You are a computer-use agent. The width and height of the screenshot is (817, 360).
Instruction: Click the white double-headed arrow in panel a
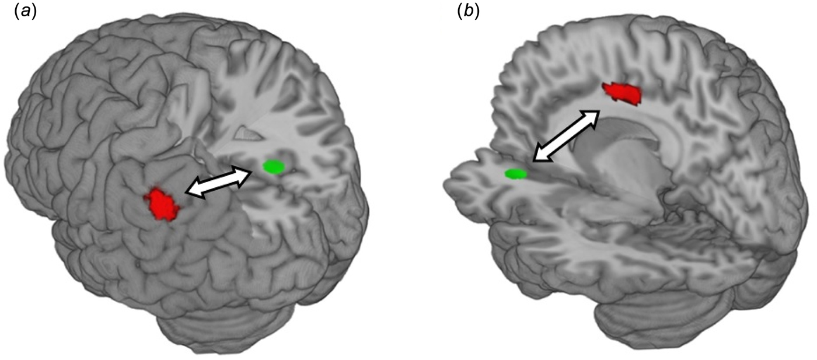pyautogui.click(x=217, y=181)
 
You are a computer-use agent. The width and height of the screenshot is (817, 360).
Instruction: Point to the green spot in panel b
pyautogui.click(x=516, y=173)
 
